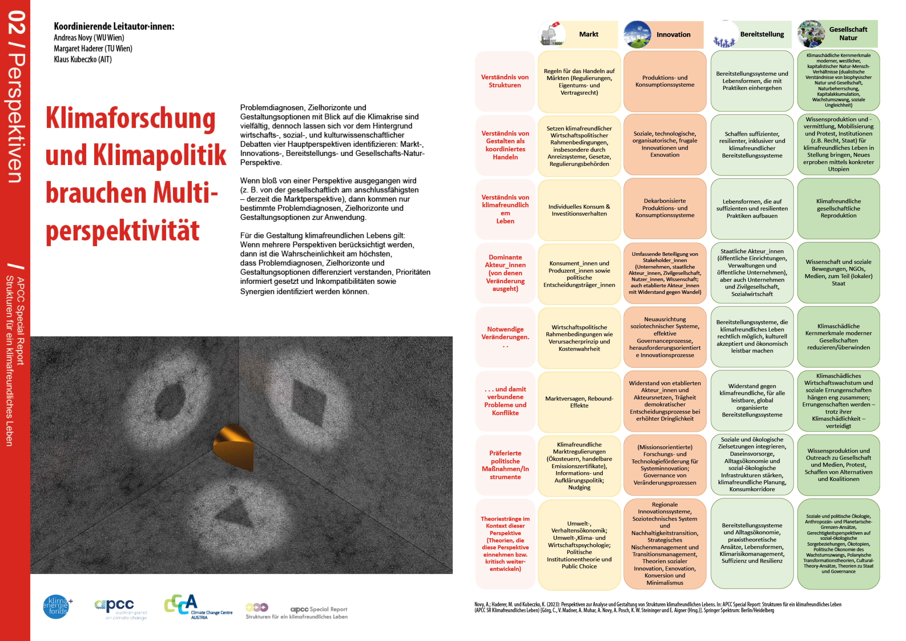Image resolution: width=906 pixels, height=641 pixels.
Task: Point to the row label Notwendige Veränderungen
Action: click(505, 333)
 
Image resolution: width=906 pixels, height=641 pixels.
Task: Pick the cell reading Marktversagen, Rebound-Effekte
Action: click(579, 402)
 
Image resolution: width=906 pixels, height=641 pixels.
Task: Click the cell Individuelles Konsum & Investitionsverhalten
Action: click(579, 210)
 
